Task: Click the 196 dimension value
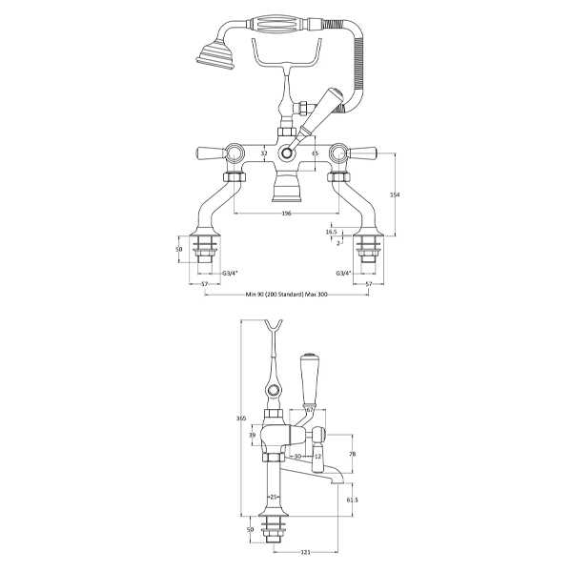coord(285,214)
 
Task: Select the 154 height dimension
coord(395,194)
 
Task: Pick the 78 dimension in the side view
coord(352,455)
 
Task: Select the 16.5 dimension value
coord(331,232)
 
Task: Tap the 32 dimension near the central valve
coord(262,149)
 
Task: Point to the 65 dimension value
coord(314,149)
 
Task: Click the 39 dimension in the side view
coord(252,435)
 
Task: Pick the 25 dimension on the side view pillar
coord(275,496)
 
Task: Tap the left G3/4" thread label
coord(231,274)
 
